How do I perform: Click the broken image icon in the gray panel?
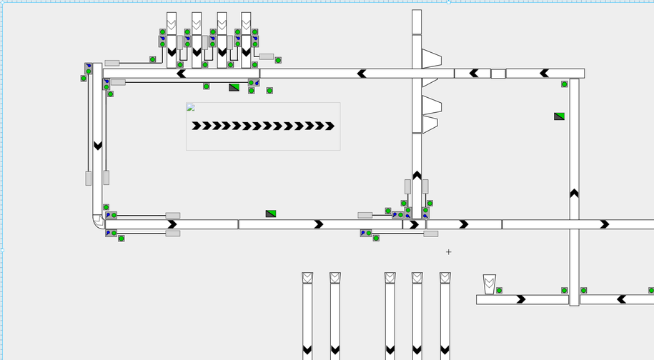191,107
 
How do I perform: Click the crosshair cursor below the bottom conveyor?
449,251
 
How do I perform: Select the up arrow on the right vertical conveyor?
574,193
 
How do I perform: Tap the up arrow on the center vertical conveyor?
417,175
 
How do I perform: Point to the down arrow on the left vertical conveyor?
98,146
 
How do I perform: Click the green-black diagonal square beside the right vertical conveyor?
559,116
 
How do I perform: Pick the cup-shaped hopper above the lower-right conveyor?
489,284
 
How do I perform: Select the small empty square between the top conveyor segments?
498,74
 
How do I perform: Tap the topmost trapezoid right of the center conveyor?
431,59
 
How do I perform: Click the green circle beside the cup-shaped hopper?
499,290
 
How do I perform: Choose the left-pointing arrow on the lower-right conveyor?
621,299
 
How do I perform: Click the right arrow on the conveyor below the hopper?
521,299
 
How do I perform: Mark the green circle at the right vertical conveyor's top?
565,84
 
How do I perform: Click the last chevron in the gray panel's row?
330,126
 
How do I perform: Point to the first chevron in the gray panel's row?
196,126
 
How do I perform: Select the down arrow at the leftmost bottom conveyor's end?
307,350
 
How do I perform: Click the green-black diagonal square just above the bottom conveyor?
271,214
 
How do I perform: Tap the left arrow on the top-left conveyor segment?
182,74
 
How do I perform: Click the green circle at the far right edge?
651,291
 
